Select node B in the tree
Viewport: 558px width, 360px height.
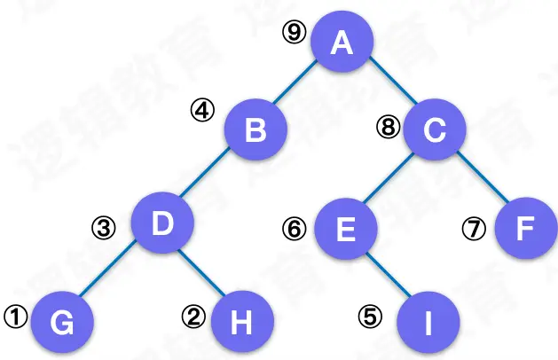point(255,130)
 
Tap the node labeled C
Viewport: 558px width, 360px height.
point(434,130)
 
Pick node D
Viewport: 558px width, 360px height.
point(162,223)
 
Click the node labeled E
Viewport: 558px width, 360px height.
point(346,230)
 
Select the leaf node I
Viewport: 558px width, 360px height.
point(428,321)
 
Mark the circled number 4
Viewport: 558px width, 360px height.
point(203,112)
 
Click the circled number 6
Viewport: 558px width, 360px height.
point(294,228)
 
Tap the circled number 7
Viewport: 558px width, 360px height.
point(474,229)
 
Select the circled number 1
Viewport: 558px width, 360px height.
point(15,313)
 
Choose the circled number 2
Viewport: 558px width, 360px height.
point(193,315)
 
